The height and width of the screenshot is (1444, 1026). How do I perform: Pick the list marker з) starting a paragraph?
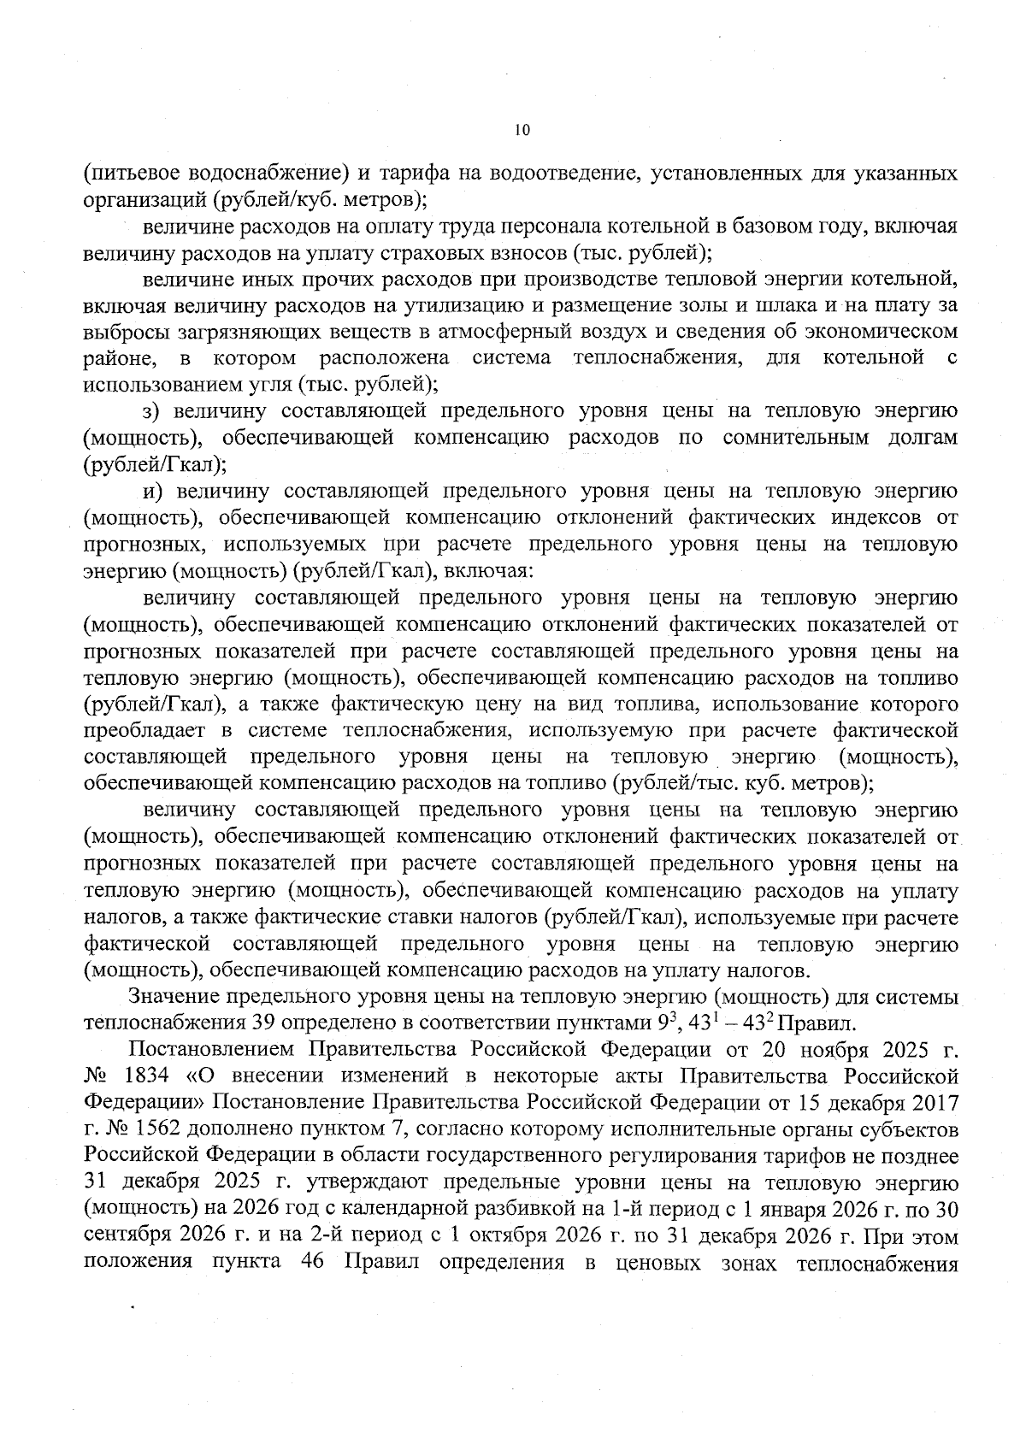tap(152, 411)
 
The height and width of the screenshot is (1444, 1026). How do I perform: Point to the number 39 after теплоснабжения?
tap(262, 1023)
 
